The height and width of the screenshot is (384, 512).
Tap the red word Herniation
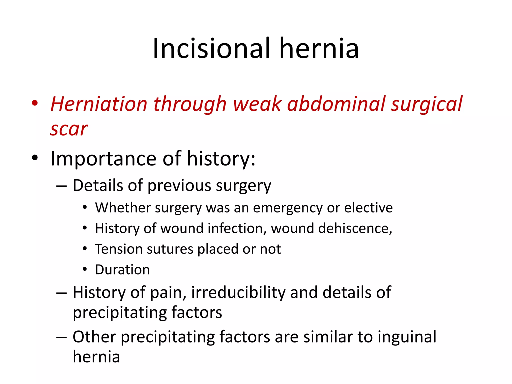(x=99, y=104)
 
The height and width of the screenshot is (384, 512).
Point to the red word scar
(x=69, y=129)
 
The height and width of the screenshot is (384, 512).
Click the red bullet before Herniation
(x=35, y=103)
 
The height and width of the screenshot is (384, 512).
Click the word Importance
(x=103, y=158)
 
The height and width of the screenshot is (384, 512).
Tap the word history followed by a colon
(x=221, y=158)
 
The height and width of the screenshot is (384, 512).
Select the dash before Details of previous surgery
(x=61, y=186)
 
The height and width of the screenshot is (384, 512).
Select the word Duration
(x=122, y=270)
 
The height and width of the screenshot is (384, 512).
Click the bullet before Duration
(x=85, y=269)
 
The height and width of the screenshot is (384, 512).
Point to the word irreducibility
(x=238, y=292)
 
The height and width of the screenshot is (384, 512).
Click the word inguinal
(x=407, y=337)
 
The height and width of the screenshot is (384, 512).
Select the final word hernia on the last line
(x=96, y=357)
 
